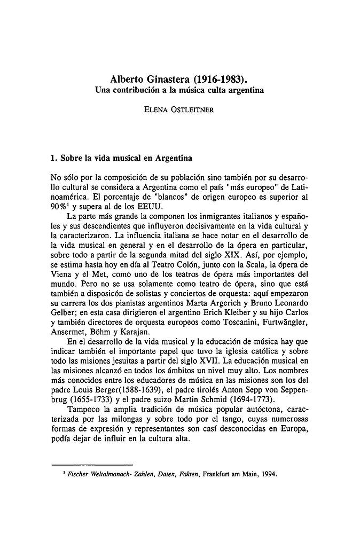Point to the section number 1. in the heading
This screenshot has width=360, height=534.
tap(52, 158)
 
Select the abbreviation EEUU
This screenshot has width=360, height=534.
tap(143, 208)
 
